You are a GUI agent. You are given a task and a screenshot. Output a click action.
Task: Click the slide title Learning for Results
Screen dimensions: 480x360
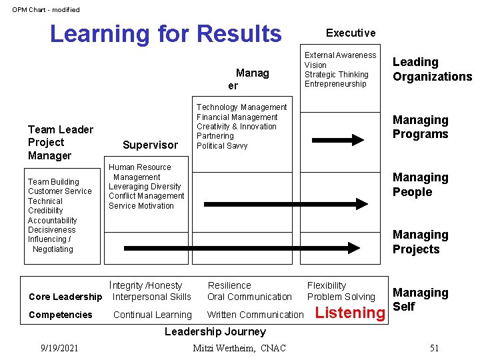165,33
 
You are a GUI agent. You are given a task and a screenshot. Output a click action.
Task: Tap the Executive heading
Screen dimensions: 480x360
350,33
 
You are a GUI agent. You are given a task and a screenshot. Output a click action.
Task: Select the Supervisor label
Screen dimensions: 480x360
150,145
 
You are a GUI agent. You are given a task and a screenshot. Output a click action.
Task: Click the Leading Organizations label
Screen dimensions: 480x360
431,69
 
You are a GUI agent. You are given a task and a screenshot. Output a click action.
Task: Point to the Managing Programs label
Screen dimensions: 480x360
420,127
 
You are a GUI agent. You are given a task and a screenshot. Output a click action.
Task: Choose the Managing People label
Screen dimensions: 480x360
420,185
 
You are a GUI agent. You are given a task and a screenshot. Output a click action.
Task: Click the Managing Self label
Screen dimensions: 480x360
420,299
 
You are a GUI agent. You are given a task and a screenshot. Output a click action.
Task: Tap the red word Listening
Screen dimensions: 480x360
350,313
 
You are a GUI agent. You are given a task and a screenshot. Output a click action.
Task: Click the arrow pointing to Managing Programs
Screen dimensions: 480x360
339,140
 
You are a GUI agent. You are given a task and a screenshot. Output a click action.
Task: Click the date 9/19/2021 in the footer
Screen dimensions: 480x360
59,348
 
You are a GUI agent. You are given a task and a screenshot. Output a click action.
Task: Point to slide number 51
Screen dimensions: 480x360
434,348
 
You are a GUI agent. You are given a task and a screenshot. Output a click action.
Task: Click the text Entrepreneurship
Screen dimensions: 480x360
335,84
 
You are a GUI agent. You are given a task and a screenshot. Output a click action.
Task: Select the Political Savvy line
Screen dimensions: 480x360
222,146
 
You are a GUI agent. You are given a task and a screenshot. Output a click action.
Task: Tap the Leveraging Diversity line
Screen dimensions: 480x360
145,187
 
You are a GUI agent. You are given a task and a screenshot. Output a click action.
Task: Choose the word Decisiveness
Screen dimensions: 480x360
52,230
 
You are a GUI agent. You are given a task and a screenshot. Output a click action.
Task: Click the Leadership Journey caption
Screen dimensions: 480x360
215,331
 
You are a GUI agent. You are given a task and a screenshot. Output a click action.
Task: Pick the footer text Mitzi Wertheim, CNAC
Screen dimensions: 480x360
239,348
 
